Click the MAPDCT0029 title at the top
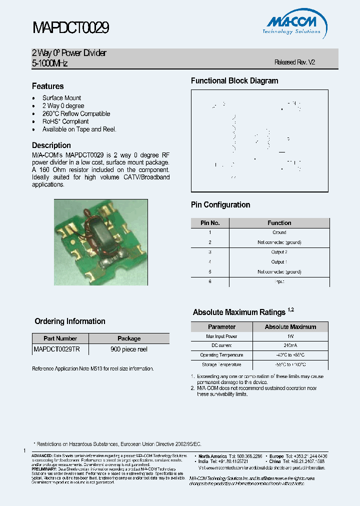pos(70,27)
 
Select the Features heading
pos(48,86)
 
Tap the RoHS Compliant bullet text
pos(65,121)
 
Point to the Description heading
pos(51,145)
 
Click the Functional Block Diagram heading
pos(234,81)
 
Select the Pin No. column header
pos(210,223)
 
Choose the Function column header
pos(279,223)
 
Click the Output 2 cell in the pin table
pos(279,252)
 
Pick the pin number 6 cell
pos(210,281)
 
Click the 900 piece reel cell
pos(129,349)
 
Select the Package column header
pos(129,338)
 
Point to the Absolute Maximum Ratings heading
pos(239,312)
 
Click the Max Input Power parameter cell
pos(222,336)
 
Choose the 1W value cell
pos(290,336)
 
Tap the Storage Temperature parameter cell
pos(222,365)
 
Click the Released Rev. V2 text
pos(295,62)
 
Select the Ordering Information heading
pos(70,321)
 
